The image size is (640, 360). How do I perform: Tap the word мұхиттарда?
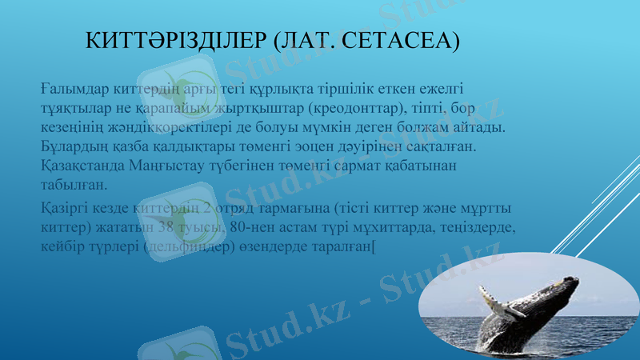coord(394,227)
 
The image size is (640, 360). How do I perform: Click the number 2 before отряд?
coord(207,208)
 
